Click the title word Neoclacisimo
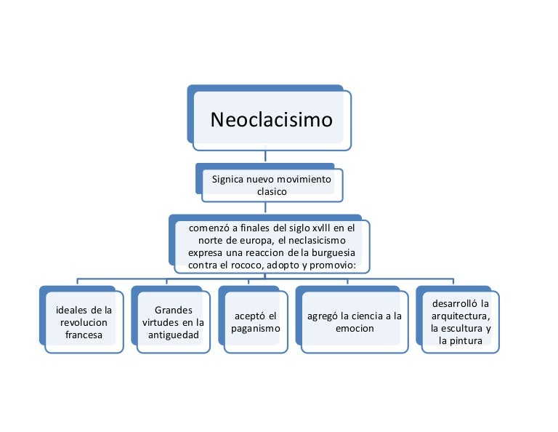[272, 119]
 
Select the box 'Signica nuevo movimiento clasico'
[272, 185]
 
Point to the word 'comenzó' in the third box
[208, 228]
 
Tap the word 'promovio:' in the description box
[331, 265]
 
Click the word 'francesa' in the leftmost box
[84, 335]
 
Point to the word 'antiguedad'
[174, 335]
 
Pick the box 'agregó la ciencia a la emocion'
[355, 322]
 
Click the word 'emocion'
[355, 329]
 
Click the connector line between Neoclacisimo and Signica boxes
[266, 156]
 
